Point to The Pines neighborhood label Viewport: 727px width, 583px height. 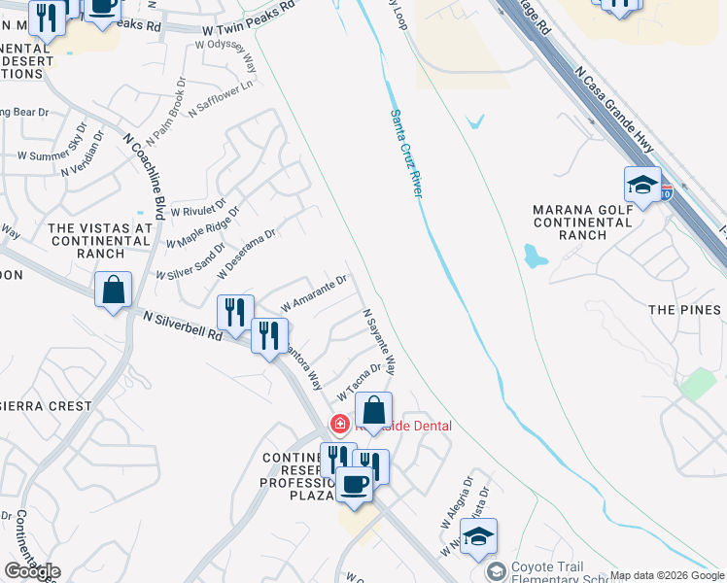tap(685, 310)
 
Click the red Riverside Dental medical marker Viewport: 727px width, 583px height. tap(339, 424)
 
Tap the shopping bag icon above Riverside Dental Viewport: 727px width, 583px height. tap(373, 411)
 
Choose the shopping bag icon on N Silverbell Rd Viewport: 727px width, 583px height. tap(113, 290)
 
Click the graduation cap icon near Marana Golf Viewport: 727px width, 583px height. tap(642, 186)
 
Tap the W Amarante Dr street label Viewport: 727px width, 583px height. tap(314, 293)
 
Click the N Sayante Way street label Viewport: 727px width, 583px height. tap(380, 343)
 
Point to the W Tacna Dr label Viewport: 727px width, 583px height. tap(359, 383)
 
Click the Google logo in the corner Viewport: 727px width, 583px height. tap(32, 570)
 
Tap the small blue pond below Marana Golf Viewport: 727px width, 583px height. tap(535, 257)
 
